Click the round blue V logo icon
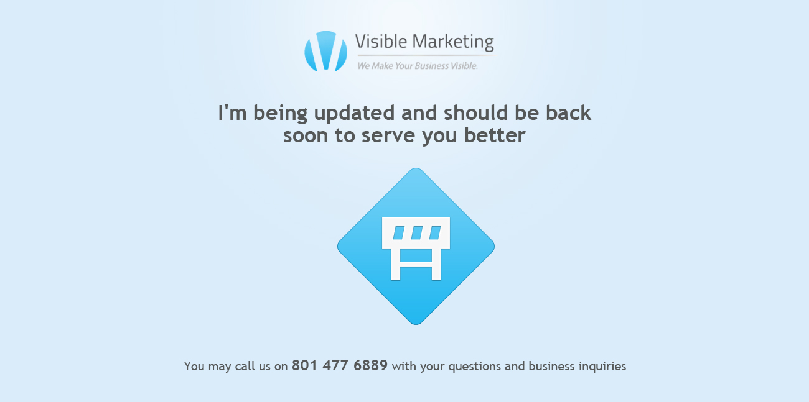[x=325, y=51]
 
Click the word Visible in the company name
[x=381, y=41]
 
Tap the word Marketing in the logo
[x=453, y=42]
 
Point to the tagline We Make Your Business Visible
[x=418, y=66]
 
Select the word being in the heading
[x=280, y=113]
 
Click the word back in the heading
[x=568, y=112]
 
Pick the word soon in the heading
[x=306, y=136]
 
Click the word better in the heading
[x=495, y=135]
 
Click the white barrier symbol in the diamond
[x=416, y=249]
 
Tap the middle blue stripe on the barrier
[x=417, y=232]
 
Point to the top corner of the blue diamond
[x=416, y=168]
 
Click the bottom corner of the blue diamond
[x=416, y=324]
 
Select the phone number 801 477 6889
[x=340, y=365]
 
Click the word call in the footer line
[x=245, y=367]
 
